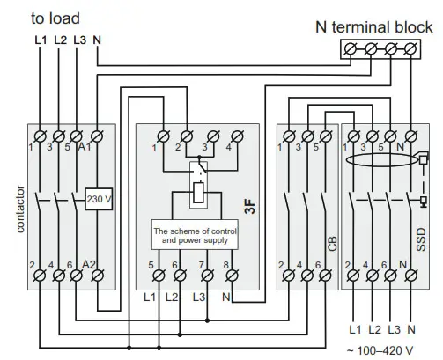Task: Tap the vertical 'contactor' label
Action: click(20, 206)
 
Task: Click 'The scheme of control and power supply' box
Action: click(191, 234)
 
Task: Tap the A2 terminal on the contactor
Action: click(95, 276)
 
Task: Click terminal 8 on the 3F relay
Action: click(233, 276)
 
